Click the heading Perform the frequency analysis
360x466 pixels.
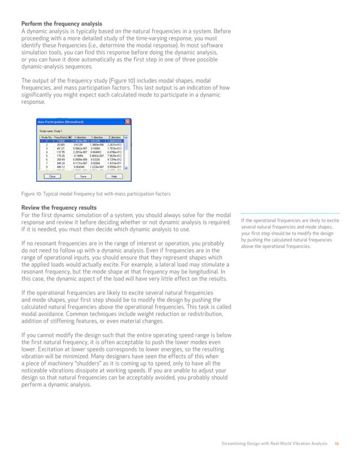coord(62,24)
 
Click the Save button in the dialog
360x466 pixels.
coord(82,176)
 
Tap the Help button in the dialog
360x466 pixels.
coord(113,176)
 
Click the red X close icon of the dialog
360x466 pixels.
coord(128,121)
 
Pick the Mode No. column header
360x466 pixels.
coord(46,137)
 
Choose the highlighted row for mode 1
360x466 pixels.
coord(82,140)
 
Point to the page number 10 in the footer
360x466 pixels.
coord(336,444)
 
